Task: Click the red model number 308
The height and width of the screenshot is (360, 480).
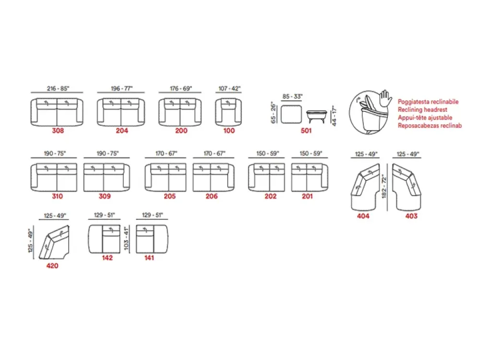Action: click(x=58, y=131)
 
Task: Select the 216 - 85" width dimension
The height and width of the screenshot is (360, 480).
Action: click(x=58, y=88)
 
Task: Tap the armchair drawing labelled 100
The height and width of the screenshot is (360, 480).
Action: click(x=228, y=112)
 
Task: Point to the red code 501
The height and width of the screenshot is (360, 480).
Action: click(x=306, y=131)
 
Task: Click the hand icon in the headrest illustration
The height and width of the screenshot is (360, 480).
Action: click(x=385, y=98)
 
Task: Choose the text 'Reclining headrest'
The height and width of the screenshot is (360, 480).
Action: click(x=422, y=109)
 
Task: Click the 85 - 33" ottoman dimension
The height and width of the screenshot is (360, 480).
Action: click(x=292, y=96)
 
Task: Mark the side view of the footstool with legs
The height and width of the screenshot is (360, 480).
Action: click(x=316, y=116)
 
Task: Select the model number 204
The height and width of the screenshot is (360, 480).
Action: click(x=122, y=131)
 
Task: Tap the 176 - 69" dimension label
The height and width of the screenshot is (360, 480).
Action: click(x=181, y=88)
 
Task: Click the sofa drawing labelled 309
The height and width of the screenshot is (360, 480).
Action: click(x=107, y=177)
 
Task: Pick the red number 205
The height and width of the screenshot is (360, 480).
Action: click(x=169, y=196)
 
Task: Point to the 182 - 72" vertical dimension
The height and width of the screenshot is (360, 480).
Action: click(x=384, y=187)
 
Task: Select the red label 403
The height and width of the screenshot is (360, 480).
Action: click(x=411, y=216)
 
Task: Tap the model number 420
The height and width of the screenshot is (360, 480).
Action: click(x=52, y=266)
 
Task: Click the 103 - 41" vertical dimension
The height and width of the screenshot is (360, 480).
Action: click(x=126, y=239)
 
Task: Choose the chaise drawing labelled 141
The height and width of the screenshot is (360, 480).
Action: click(x=152, y=239)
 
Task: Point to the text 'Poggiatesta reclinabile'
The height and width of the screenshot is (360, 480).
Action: click(x=428, y=102)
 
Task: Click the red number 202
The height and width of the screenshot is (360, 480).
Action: click(x=271, y=196)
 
